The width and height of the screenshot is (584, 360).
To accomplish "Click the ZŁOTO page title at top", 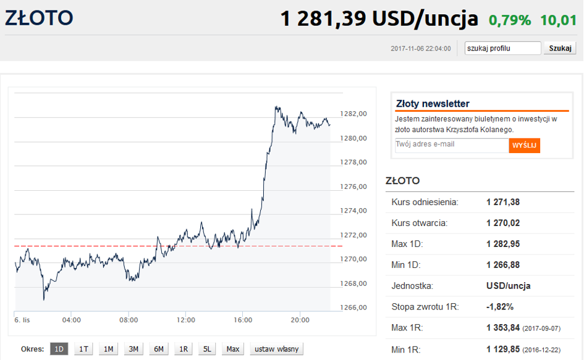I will [x=38, y=18].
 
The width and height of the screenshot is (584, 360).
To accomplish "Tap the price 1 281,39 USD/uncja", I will [x=379, y=19].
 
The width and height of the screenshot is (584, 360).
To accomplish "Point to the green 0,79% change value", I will [x=509, y=20].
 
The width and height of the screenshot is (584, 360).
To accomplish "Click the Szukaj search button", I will [x=560, y=48].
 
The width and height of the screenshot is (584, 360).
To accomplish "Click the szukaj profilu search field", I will [x=502, y=48].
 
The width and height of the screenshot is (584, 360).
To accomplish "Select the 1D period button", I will [x=59, y=349].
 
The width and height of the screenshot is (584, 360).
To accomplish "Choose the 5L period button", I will [x=208, y=349].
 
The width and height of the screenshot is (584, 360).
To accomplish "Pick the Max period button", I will [x=232, y=349].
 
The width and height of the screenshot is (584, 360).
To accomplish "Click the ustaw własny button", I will [x=276, y=349].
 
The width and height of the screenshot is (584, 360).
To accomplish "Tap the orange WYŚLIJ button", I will [x=524, y=145].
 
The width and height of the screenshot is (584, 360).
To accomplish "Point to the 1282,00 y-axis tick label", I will [x=353, y=114].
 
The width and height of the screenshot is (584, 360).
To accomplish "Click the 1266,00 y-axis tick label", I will [x=353, y=308].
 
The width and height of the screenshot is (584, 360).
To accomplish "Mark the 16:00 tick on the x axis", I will [x=243, y=320].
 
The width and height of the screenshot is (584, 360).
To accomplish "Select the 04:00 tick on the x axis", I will [x=72, y=320].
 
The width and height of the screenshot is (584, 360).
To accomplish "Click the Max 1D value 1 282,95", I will [x=503, y=244].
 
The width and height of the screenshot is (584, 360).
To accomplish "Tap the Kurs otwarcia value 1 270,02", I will [x=503, y=223].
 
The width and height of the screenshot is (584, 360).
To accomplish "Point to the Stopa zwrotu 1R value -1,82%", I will [x=499, y=307].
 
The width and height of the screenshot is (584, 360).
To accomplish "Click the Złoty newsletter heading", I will [x=433, y=104].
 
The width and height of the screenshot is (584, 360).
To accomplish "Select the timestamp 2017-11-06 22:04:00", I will [x=420, y=49].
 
